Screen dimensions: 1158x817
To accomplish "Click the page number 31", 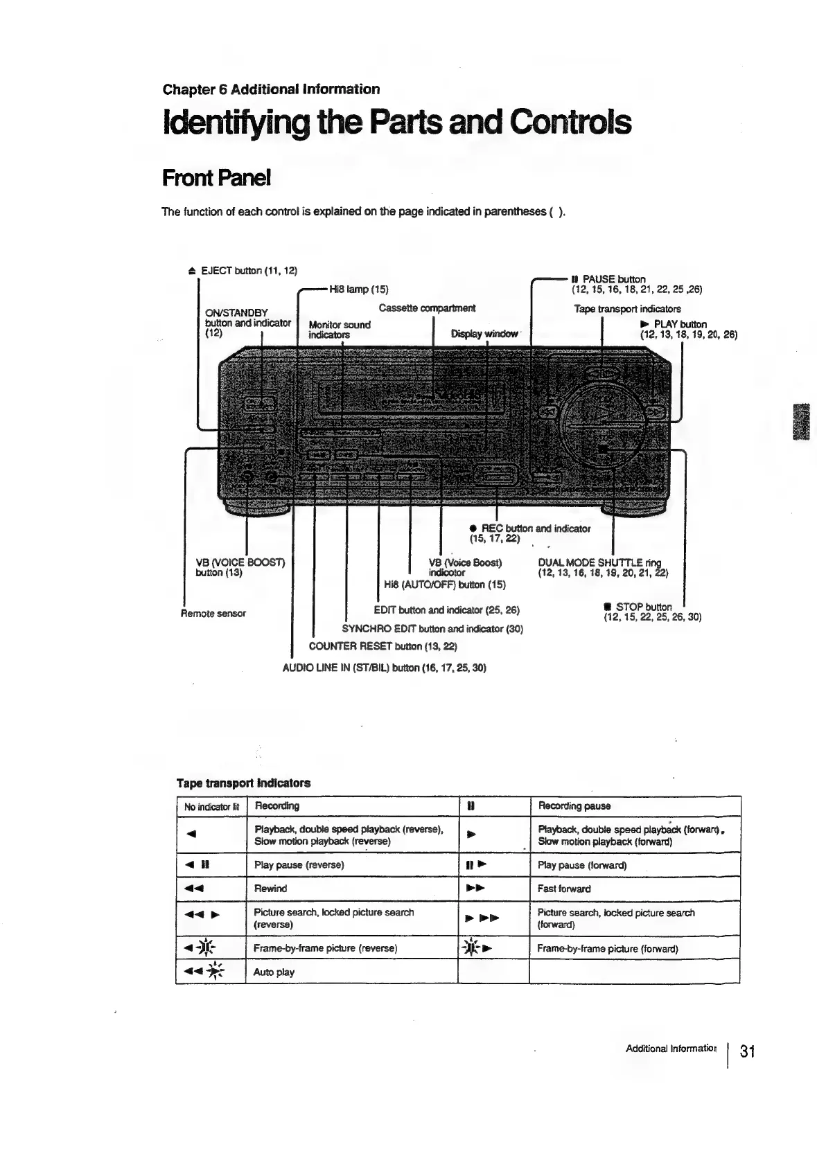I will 747,1051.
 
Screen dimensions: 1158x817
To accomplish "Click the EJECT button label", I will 247,269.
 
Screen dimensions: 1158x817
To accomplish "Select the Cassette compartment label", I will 427,308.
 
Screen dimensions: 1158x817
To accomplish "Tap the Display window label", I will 484,334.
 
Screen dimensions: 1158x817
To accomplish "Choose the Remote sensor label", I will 213,613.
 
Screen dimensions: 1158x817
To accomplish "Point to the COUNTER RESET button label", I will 383,646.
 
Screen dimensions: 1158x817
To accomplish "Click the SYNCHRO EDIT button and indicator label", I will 432,628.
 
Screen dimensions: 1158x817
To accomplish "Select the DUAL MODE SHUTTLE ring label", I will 600,562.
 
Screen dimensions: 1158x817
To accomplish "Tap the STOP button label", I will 643,607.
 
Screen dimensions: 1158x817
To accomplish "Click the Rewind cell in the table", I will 270,889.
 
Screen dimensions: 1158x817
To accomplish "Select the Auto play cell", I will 274,972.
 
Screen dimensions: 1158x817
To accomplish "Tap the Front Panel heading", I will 215,178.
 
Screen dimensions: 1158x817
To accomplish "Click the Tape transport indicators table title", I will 243,783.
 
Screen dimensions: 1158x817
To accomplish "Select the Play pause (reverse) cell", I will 299,865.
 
